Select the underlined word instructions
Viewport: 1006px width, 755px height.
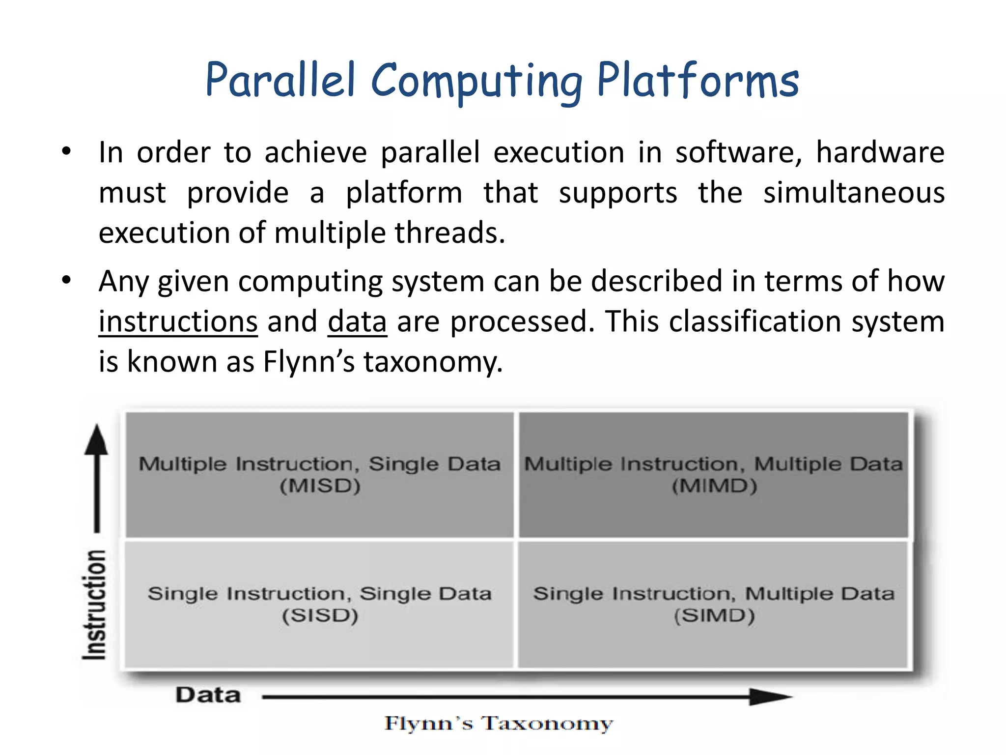pyautogui.click(x=178, y=322)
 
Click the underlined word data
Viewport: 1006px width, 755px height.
pyautogui.click(x=357, y=322)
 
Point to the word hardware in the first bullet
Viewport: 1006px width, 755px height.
pyautogui.click(x=880, y=152)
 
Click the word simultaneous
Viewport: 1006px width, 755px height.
pyautogui.click(x=854, y=193)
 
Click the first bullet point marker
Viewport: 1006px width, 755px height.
pyautogui.click(x=67, y=152)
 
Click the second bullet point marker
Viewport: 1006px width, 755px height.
pyautogui.click(x=67, y=281)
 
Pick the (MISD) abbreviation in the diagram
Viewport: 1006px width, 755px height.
pyautogui.click(x=320, y=486)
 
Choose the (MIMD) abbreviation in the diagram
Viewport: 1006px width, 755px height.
pyautogui.click(x=714, y=486)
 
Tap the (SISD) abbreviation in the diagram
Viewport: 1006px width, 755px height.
pyautogui.click(x=320, y=615)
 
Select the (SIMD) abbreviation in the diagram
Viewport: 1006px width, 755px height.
pyautogui.click(x=714, y=615)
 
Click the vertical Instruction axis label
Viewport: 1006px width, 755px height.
pyautogui.click(x=94, y=605)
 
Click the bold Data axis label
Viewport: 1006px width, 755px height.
pyautogui.click(x=208, y=695)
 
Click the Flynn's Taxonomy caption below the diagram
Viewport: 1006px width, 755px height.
pyautogui.click(x=499, y=724)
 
